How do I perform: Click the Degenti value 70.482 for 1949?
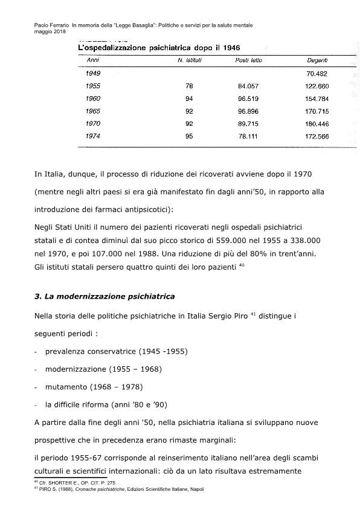pyautogui.click(x=317, y=73)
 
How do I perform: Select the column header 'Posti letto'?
pyautogui.click(x=248, y=60)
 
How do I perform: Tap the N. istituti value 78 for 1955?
pyautogui.click(x=189, y=86)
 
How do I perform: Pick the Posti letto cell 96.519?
pyautogui.click(x=248, y=99)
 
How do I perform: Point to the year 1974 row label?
pyautogui.click(x=93, y=137)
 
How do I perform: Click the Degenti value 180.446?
pyautogui.click(x=317, y=124)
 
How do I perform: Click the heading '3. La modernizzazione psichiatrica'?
pyautogui.click(x=104, y=296)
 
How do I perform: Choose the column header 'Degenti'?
pyautogui.click(x=317, y=60)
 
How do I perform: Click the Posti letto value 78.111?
pyautogui.click(x=248, y=137)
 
